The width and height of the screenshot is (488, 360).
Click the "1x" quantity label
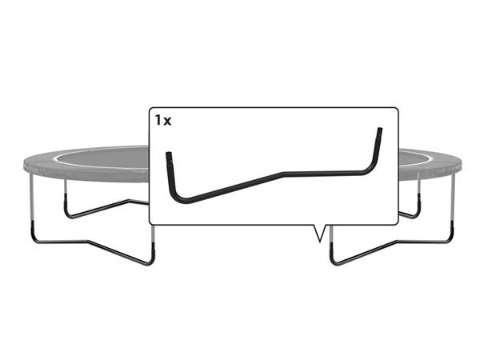pos(163,120)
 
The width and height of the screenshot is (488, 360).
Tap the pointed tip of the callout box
pos(319,242)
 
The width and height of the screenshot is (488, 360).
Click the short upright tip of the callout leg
pos(168,154)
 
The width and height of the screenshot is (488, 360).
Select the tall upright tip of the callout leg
pos(380,130)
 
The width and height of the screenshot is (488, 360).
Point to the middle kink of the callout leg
pos(282,174)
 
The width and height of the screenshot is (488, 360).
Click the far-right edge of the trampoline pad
pos(461,164)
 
